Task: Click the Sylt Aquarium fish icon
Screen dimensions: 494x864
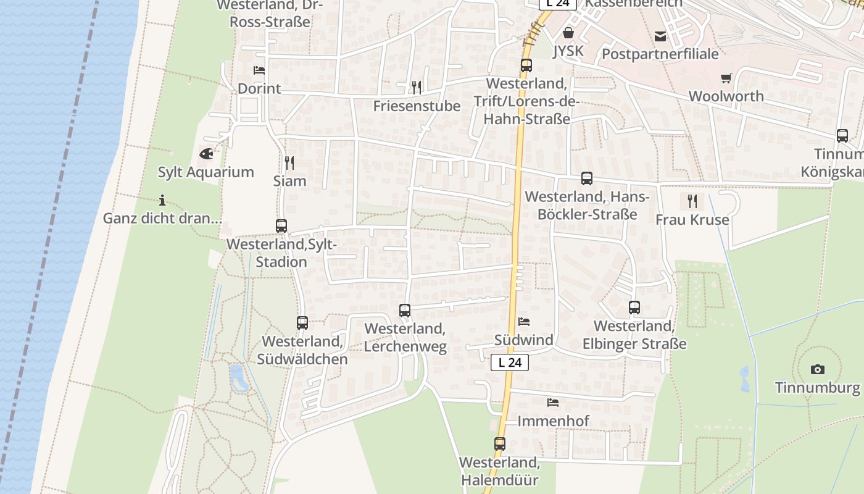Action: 206,153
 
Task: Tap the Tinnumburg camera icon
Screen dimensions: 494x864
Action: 818,369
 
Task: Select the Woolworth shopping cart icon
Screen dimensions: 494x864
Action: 726,78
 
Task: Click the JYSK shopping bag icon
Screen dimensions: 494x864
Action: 568,32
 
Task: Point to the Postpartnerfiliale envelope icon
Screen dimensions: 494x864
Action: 660,36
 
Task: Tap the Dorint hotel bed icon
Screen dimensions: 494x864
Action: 259,70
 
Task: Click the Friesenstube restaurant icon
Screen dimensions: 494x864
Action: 417,87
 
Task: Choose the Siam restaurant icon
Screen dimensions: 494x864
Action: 289,162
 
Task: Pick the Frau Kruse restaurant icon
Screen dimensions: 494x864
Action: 692,201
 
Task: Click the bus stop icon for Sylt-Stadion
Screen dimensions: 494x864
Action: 281,226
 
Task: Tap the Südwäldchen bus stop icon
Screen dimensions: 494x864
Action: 302,322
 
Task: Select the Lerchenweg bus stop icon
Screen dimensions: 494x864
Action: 405,311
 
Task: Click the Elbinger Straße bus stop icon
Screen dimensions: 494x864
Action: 634,307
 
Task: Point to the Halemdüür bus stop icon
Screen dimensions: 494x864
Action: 500,443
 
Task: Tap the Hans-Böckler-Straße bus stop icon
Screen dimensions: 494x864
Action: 586,178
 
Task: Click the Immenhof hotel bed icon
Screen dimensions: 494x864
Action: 553,403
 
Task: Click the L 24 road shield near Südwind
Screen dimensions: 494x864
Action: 510,362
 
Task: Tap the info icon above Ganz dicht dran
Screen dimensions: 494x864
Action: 162,200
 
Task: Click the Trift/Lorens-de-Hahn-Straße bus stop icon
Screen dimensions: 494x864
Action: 526,65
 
